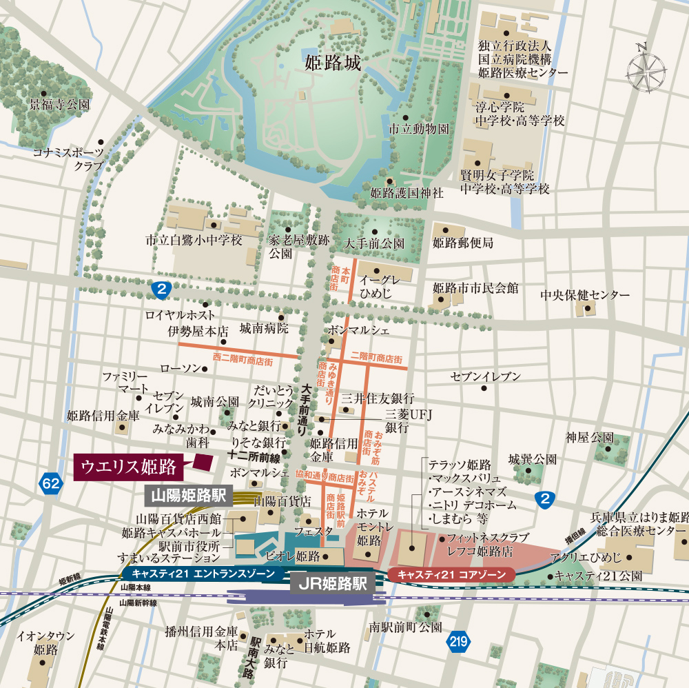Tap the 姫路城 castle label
(333, 63)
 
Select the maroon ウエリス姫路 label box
(129, 467)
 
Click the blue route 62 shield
(50, 483)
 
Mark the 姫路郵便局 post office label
(463, 243)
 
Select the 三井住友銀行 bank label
(378, 398)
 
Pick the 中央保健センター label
(584, 294)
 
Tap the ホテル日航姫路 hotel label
(327, 640)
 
